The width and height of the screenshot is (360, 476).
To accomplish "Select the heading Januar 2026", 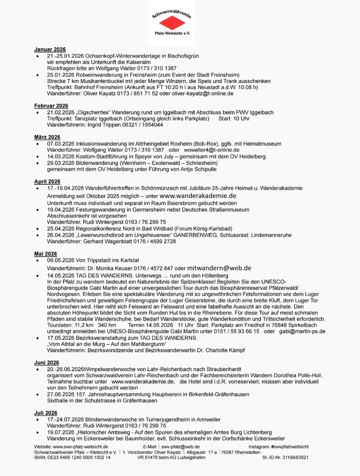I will pyautogui.click(x=50, y=49).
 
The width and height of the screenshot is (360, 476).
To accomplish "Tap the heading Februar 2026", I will pyautogui.click(x=51, y=106).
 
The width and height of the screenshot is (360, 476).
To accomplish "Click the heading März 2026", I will pyautogui.click(x=47, y=137).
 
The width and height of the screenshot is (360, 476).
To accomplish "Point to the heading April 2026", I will pyautogui.click(x=47, y=182).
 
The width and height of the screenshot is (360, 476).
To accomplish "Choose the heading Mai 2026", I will pyautogui.click(x=46, y=254).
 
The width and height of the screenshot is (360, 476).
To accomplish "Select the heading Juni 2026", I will pyautogui.click(x=47, y=362).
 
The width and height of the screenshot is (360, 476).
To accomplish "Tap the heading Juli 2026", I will pyautogui.click(x=46, y=413).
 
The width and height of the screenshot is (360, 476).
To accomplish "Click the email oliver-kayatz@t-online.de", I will pyautogui.click(x=202, y=93).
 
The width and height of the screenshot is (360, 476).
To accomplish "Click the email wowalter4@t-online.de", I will pyautogui.click(x=212, y=150).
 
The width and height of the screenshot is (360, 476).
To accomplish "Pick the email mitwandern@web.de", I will pyautogui.click(x=219, y=268).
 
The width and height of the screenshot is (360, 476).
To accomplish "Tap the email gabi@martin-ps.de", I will pyautogui.click(x=302, y=331).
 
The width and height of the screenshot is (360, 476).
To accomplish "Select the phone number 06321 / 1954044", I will pyautogui.click(x=143, y=125).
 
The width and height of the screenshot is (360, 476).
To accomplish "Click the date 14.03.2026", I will pyautogui.click(x=61, y=156).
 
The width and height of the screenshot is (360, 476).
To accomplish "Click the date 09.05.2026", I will pyautogui.click(x=61, y=260).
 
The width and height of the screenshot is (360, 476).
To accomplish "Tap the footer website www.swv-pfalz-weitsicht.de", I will pyautogui.click(x=81, y=447).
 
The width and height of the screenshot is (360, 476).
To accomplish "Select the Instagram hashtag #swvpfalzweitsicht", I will pyautogui.click(x=290, y=447).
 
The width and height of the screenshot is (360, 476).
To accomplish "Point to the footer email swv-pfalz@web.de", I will pyautogui.click(x=180, y=447).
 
